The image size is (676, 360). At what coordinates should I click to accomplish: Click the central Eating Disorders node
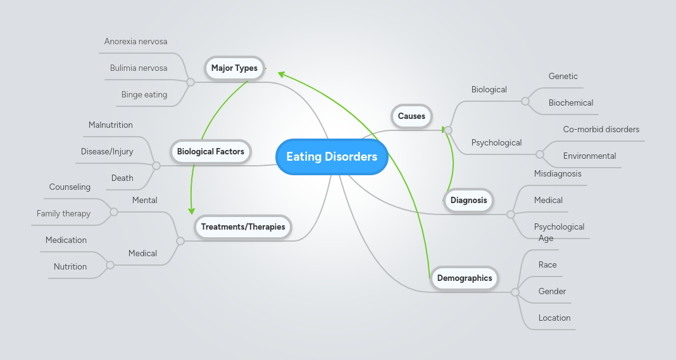tap(332, 157)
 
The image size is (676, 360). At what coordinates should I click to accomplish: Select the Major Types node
tap(234, 68)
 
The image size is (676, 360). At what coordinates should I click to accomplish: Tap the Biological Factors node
tap(210, 152)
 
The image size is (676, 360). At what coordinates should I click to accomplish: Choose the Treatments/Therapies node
tap(243, 227)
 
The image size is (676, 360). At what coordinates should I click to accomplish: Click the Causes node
tap(411, 116)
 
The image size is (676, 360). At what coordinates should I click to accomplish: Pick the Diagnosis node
tap(469, 201)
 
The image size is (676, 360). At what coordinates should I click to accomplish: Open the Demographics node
tap(465, 278)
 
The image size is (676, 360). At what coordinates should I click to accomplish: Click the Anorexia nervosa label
tap(136, 42)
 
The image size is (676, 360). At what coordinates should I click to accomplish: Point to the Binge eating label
tap(144, 95)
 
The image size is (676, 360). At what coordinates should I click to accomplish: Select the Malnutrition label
tap(111, 125)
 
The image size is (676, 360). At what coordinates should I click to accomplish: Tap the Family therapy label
tap(63, 214)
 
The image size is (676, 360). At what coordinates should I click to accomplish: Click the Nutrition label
tap(70, 267)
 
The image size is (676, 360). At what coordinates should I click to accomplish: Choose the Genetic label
tap(563, 77)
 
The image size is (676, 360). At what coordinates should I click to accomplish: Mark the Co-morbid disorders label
tap(601, 130)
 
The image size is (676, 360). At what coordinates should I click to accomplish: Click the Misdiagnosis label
tap(558, 174)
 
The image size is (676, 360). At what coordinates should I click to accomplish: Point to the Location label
tap(554, 318)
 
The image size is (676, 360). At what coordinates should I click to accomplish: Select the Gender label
tap(552, 292)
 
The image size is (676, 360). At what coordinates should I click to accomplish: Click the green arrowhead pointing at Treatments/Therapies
tap(191, 211)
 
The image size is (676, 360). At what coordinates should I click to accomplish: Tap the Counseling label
tap(70, 187)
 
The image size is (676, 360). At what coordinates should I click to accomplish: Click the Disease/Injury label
tap(107, 152)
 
